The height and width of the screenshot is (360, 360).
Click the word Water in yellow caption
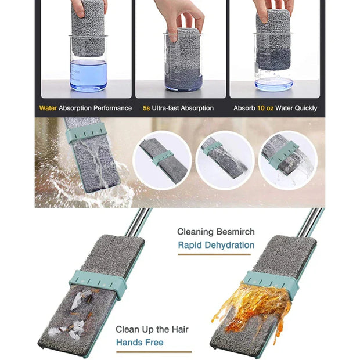tap(48, 108)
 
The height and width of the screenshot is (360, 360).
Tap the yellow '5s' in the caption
tap(146, 108)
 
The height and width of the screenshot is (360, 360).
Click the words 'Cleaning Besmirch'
tap(215, 232)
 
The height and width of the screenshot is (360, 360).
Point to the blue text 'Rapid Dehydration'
tap(215, 245)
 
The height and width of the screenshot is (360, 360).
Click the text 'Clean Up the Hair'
tap(152, 329)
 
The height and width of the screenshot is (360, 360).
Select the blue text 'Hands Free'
tap(139, 343)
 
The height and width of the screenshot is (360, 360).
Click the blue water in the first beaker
tap(88, 74)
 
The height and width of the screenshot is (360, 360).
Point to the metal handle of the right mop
tap(307, 223)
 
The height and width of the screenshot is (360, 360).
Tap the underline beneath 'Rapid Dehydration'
tap(216, 254)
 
